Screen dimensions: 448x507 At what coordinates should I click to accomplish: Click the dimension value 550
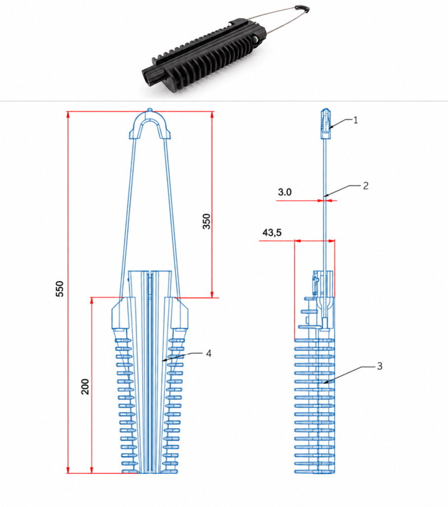(x=60, y=289)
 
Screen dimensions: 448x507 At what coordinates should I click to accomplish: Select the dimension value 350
(x=206, y=221)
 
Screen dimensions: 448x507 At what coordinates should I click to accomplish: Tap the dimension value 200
(x=85, y=387)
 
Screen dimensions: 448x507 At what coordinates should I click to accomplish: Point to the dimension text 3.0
(x=284, y=192)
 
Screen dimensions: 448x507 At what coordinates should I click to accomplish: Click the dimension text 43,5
(x=272, y=233)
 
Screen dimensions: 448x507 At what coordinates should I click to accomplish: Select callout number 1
(x=356, y=120)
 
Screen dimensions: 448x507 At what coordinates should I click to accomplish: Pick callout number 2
(x=365, y=186)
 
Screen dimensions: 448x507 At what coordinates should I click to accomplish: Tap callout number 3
(x=380, y=366)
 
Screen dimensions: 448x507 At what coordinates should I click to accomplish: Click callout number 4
(x=209, y=354)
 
